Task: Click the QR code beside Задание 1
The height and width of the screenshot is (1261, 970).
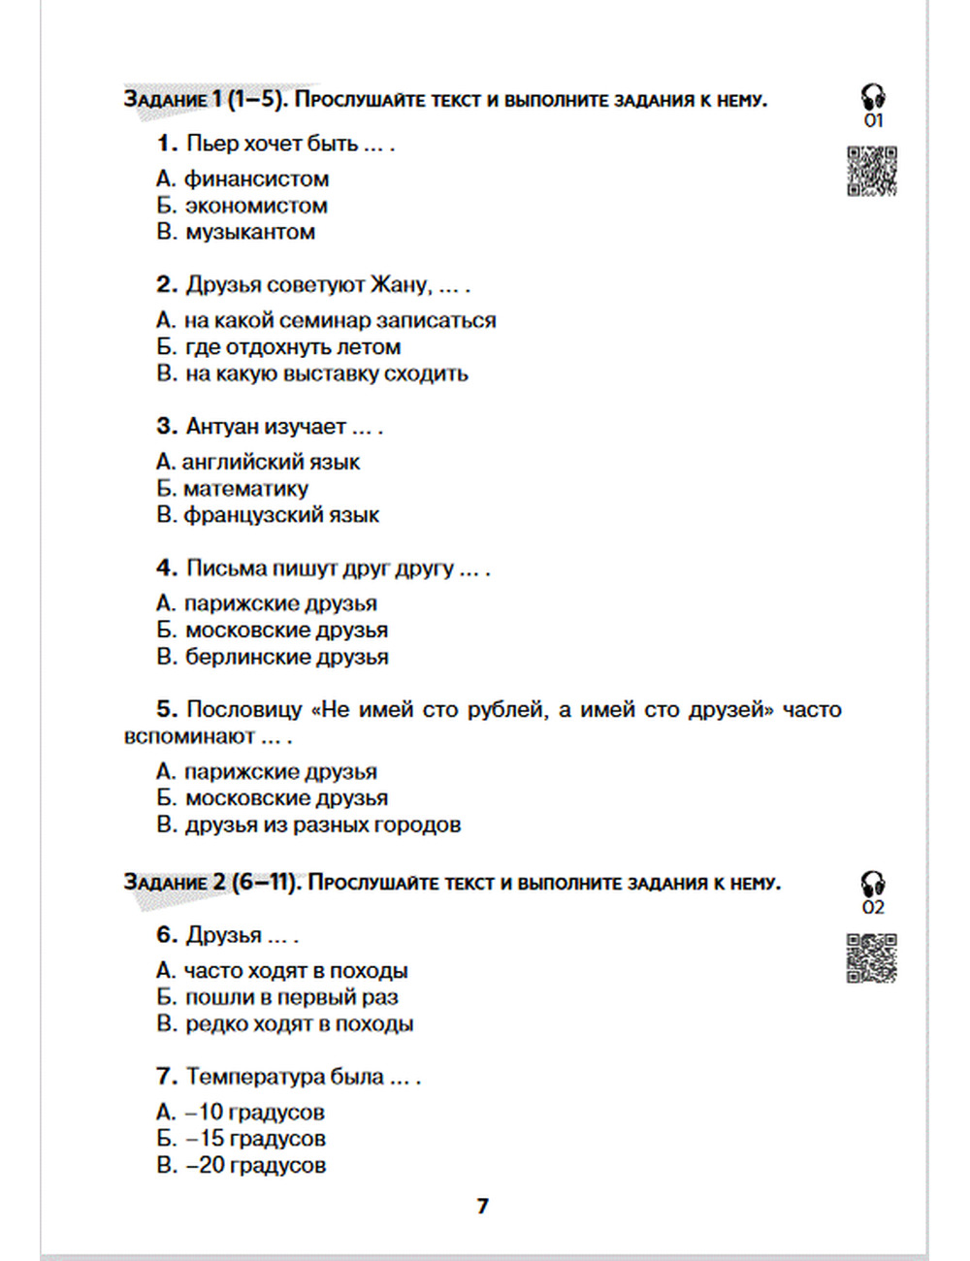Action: (871, 171)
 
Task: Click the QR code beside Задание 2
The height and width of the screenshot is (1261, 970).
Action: (871, 957)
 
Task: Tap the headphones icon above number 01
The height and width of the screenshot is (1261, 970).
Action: (873, 96)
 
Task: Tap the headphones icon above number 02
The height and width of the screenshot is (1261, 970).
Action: (873, 883)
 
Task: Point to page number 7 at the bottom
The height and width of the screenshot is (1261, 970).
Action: (483, 1206)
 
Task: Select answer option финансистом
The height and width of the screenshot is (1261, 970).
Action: (256, 178)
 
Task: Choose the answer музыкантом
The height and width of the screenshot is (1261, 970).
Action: (249, 232)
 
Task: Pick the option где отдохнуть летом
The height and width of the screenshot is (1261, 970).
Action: (292, 346)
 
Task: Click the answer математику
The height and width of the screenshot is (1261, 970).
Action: (245, 488)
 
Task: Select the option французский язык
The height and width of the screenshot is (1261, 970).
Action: (281, 515)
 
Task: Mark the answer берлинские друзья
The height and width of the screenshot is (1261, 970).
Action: (286, 657)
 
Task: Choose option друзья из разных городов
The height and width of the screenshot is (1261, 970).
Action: (322, 824)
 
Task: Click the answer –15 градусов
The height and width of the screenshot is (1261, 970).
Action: (255, 1138)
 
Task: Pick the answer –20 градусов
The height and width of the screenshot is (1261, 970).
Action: (255, 1165)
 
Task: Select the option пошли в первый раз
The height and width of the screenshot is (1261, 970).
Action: (291, 997)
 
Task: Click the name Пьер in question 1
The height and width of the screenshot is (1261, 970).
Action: (211, 144)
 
